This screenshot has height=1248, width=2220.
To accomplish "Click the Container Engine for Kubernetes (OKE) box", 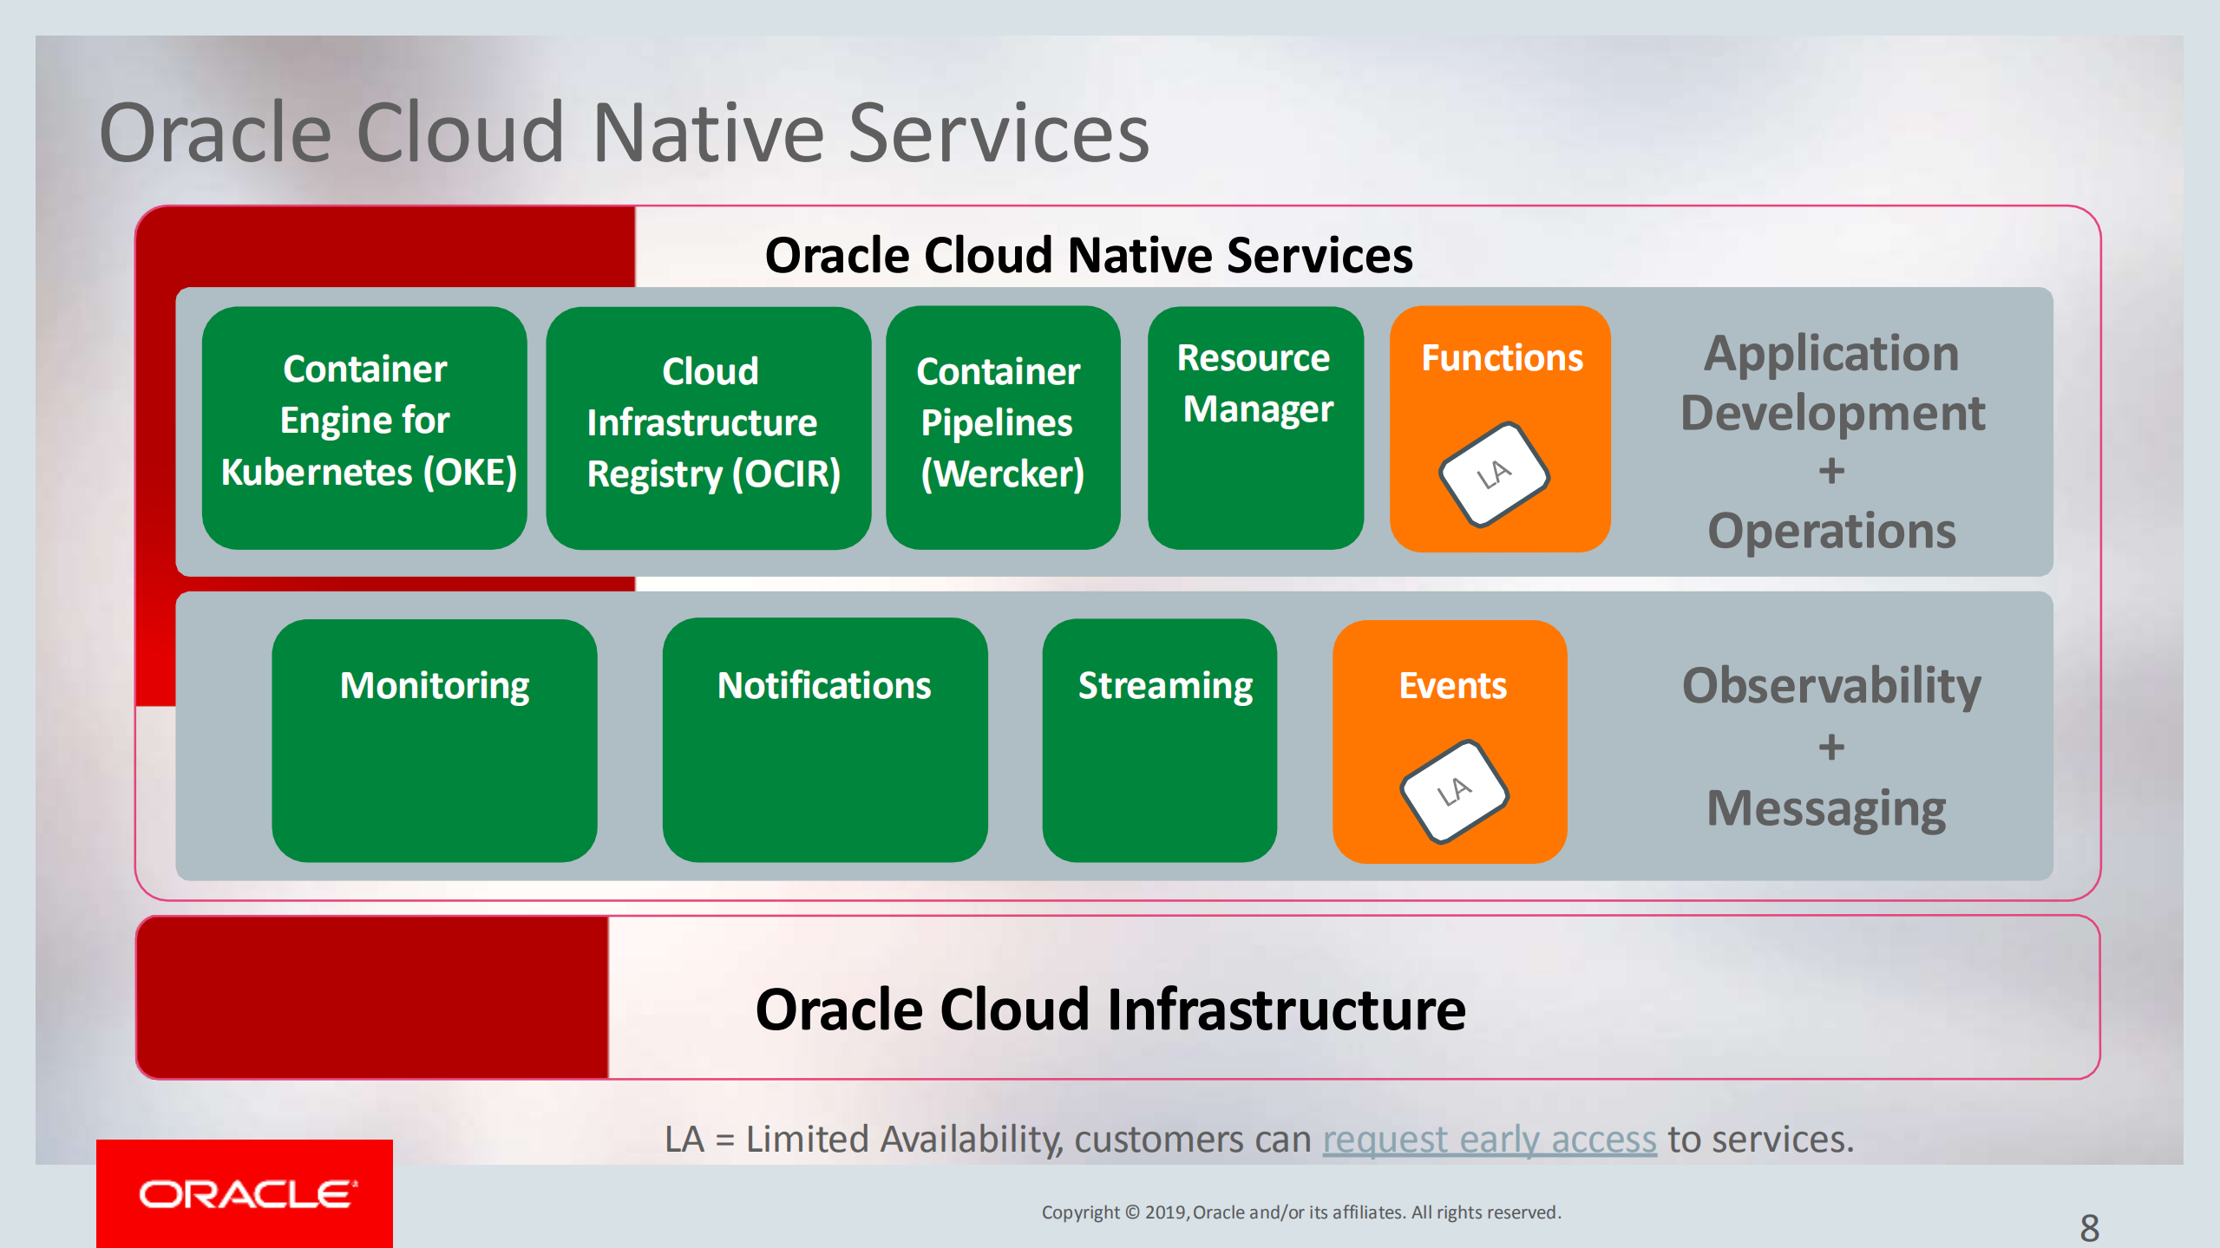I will pos(364,428).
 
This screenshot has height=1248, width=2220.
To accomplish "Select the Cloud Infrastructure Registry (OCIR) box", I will pos(708,428).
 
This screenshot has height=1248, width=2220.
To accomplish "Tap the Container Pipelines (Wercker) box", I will pos(1002,428).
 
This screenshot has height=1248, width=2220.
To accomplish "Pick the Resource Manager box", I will pos(1255,428).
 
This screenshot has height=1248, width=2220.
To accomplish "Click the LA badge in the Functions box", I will pos(1494,474).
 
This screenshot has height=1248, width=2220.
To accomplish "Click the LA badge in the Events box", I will pos(1454,791).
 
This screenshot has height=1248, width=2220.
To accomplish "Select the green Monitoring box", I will pos(434,740).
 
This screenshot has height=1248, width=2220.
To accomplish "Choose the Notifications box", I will pos(824,740).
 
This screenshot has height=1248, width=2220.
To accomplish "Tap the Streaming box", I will pos(1159,740).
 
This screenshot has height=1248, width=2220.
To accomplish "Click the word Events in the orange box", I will pos(1452,686).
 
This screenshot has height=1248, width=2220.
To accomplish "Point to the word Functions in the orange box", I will pos(1502,358).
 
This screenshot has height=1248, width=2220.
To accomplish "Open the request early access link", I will pos(1489,1140).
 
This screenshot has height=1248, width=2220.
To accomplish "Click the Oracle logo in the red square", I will pos(246,1194).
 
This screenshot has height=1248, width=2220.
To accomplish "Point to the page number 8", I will pos(2089,1227).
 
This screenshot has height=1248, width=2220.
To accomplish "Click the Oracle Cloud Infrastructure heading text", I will pos(1110,1010).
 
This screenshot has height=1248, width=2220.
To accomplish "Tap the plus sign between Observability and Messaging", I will pos(1831,748).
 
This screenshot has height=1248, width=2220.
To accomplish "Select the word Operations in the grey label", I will pos(1831,531).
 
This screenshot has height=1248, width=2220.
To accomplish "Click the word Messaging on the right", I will pos(1826,808).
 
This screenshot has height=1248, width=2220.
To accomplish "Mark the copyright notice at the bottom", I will pos(1300,1212).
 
